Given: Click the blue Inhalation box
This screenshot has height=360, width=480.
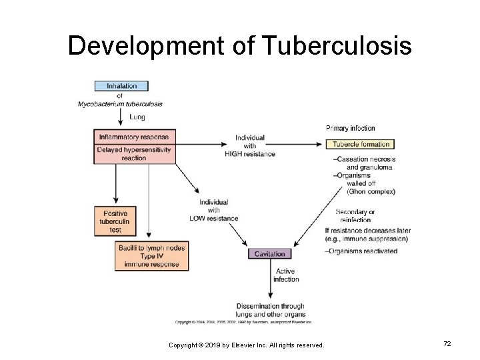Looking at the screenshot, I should click(121, 86).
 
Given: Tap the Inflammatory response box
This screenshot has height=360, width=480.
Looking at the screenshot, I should click(135, 137).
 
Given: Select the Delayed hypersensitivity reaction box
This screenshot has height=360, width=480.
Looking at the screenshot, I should click(135, 154).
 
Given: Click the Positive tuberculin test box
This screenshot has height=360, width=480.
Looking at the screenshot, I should click(116, 221).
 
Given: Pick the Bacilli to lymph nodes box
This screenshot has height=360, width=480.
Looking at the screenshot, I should click(151, 256).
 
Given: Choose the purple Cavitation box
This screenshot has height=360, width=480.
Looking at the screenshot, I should click(269, 254).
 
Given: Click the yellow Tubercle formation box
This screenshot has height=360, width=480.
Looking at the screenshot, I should click(360, 144).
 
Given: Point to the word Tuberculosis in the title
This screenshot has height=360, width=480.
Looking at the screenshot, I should click(337, 46).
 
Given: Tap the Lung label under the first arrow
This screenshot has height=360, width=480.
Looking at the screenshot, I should click(137, 117).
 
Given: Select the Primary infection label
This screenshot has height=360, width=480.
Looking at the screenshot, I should click(350, 128).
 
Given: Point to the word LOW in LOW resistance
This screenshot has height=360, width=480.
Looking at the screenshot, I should click(197, 218).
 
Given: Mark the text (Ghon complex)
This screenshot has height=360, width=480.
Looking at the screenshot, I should click(371, 191).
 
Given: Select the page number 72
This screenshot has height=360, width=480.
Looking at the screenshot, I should click(447, 343).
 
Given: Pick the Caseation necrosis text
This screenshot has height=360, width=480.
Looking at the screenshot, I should click(365, 159).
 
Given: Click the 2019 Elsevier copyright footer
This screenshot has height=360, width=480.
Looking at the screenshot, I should click(246, 345).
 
